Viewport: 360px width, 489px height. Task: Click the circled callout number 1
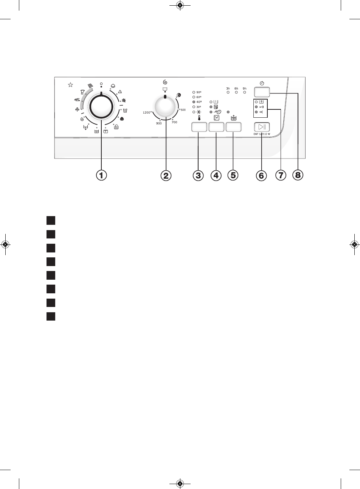[x=101, y=175]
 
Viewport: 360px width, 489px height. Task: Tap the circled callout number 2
[x=166, y=175]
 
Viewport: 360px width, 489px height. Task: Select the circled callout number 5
[x=233, y=175]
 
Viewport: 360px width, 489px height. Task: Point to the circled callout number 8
[x=297, y=175]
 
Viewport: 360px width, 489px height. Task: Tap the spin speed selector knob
[x=165, y=107]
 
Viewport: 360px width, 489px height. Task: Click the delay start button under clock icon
[x=262, y=92]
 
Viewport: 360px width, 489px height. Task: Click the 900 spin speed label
[x=159, y=123]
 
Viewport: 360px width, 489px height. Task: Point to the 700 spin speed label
[x=174, y=122]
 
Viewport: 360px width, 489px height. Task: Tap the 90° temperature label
[x=199, y=92]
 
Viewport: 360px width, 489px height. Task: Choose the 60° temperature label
[x=199, y=97]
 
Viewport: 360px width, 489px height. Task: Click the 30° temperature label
[x=199, y=107]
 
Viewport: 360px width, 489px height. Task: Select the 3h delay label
[x=228, y=88]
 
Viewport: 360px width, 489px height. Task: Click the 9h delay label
[x=245, y=88]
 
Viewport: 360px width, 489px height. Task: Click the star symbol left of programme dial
[x=70, y=85]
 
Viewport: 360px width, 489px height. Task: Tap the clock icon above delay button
[x=262, y=83]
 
